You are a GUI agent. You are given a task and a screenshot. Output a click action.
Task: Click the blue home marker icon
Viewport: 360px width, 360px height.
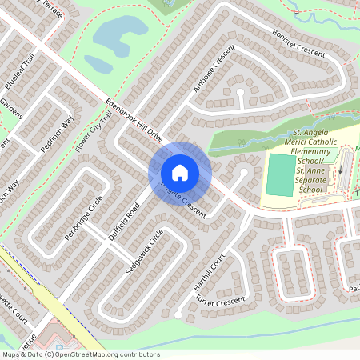(180, 173)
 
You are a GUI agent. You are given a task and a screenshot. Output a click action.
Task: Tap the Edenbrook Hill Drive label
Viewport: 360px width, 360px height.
(134, 122)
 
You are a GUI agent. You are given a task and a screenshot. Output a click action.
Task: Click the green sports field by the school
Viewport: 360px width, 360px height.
(279, 175)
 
